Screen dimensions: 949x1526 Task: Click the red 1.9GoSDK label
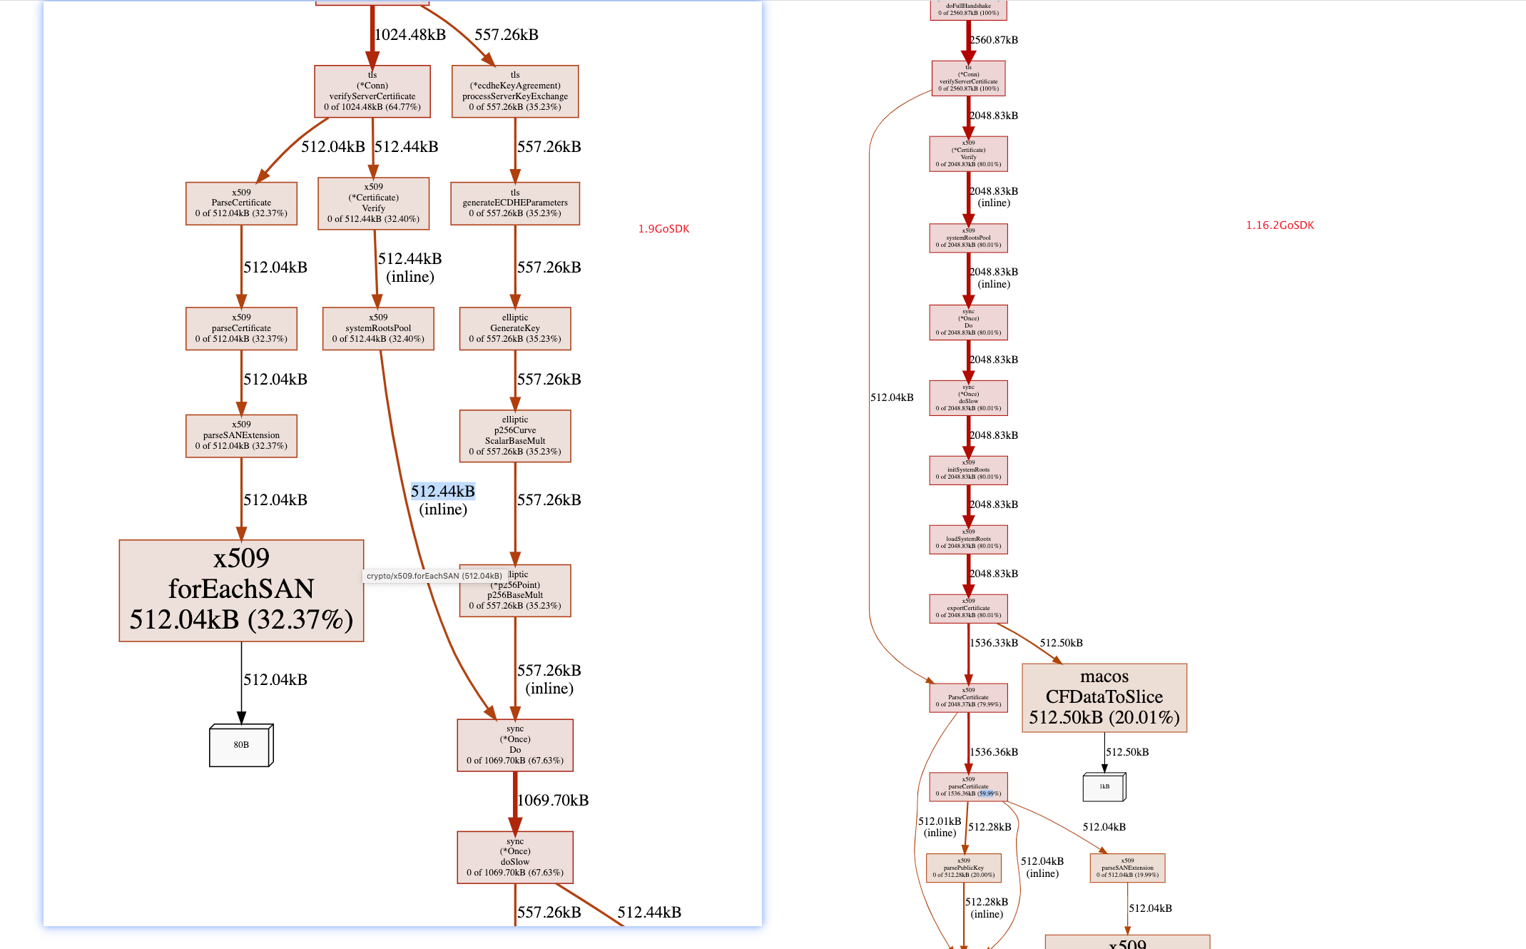pos(663,229)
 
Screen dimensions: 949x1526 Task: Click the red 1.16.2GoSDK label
pos(1280,225)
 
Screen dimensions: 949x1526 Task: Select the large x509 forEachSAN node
pos(241,590)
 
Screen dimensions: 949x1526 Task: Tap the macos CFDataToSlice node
pos(1104,697)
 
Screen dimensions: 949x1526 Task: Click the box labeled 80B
pos(241,745)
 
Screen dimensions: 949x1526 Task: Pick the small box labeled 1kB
pos(1104,786)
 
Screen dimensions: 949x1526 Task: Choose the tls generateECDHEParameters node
pos(515,203)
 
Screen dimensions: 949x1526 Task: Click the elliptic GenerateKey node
pos(515,328)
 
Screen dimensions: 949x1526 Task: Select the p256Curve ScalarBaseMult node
pos(515,436)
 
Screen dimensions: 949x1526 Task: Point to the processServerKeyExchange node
pos(515,91)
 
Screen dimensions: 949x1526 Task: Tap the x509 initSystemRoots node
pos(968,470)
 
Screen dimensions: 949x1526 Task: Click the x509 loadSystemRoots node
pos(968,539)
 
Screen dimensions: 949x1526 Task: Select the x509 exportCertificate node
pos(968,609)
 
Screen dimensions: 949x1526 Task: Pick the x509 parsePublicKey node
pos(963,868)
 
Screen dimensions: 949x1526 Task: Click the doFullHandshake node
pos(968,9)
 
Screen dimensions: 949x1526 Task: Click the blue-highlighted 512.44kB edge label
pos(442,491)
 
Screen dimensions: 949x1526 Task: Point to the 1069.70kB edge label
pos(553,801)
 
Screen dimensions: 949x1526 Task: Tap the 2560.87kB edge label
pos(994,40)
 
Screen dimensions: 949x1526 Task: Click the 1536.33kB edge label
pos(994,643)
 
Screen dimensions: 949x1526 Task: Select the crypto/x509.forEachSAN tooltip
pos(434,576)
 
